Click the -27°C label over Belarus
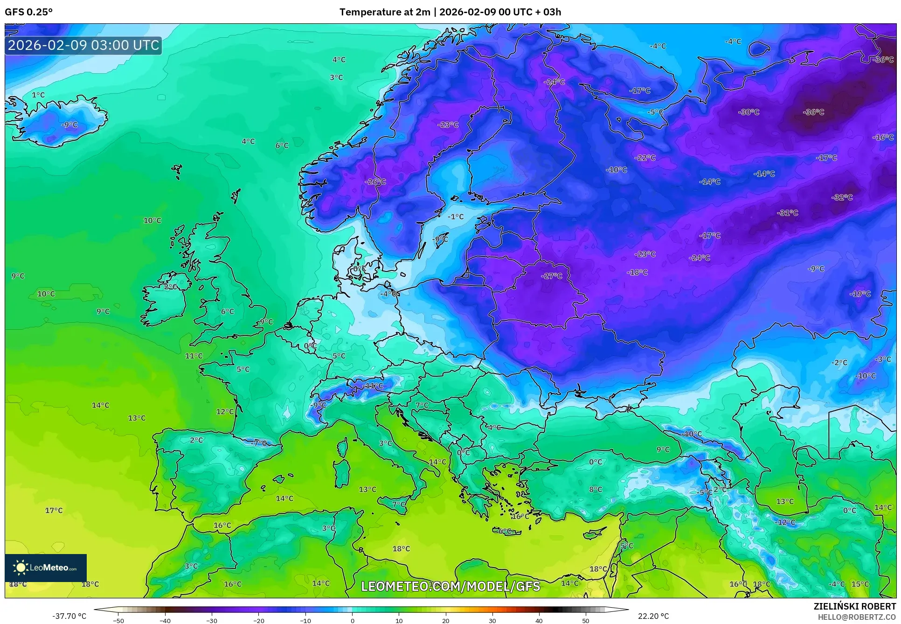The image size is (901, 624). coord(552,276)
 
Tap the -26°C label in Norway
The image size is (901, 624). coord(375,181)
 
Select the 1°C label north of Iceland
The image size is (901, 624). coord(38,95)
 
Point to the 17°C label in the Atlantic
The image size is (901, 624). coord(54,510)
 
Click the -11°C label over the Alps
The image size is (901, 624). coord(373,386)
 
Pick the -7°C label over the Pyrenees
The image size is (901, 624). coord(259,443)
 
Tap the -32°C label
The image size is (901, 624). coord(842,197)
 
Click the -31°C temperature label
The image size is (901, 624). coord(788,213)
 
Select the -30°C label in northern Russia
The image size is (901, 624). coord(749,112)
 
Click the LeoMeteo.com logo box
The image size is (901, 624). coord(46,568)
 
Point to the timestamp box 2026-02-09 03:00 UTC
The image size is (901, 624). coord(83,45)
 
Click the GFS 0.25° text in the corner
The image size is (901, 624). coord(29,12)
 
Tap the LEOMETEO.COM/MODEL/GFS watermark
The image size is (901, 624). coord(450,586)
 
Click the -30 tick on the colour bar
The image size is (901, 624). coord(212,620)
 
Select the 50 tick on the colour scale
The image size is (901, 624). coord(586,620)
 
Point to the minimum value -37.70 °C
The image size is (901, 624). coord(69,616)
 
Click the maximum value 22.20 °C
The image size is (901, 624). coord(653,616)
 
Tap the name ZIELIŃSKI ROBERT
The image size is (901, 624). coord(855,606)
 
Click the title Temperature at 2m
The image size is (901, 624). coord(385,12)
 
